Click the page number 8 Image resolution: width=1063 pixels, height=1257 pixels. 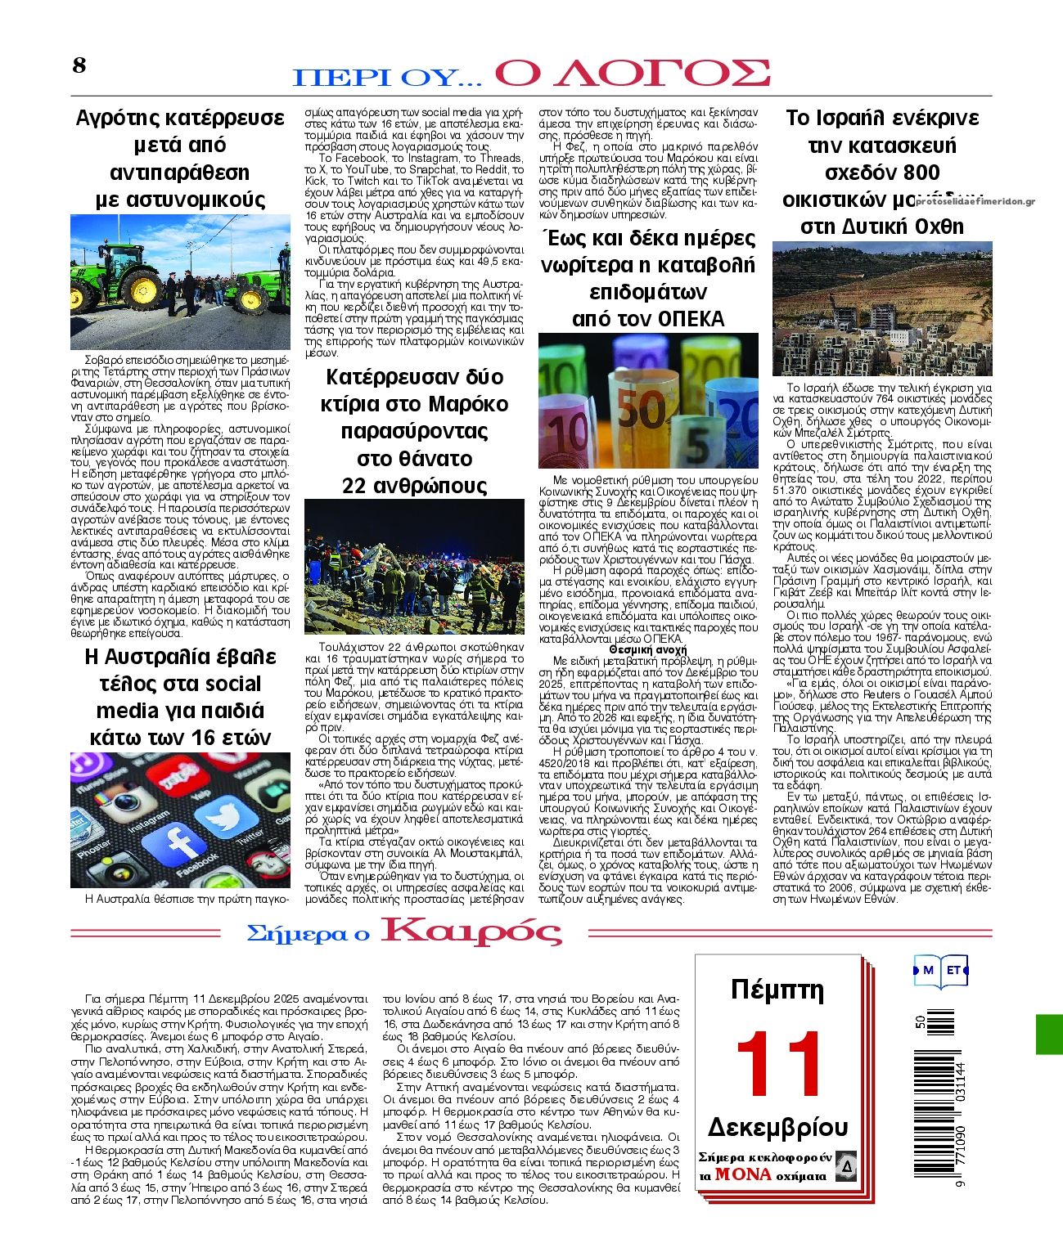tap(79, 65)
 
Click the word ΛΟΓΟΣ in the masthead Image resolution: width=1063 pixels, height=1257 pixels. tap(632, 74)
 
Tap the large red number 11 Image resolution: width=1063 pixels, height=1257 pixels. tap(779, 1062)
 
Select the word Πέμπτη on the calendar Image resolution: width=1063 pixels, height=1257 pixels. tap(777, 990)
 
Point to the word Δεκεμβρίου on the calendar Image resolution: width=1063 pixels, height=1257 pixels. tap(777, 1127)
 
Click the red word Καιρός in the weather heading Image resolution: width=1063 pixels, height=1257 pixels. tap(472, 932)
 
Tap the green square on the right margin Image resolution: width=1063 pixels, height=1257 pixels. tap(1049, 1034)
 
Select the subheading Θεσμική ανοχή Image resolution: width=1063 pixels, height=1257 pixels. tap(648, 649)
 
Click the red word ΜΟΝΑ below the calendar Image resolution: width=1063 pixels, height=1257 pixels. tap(743, 1174)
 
